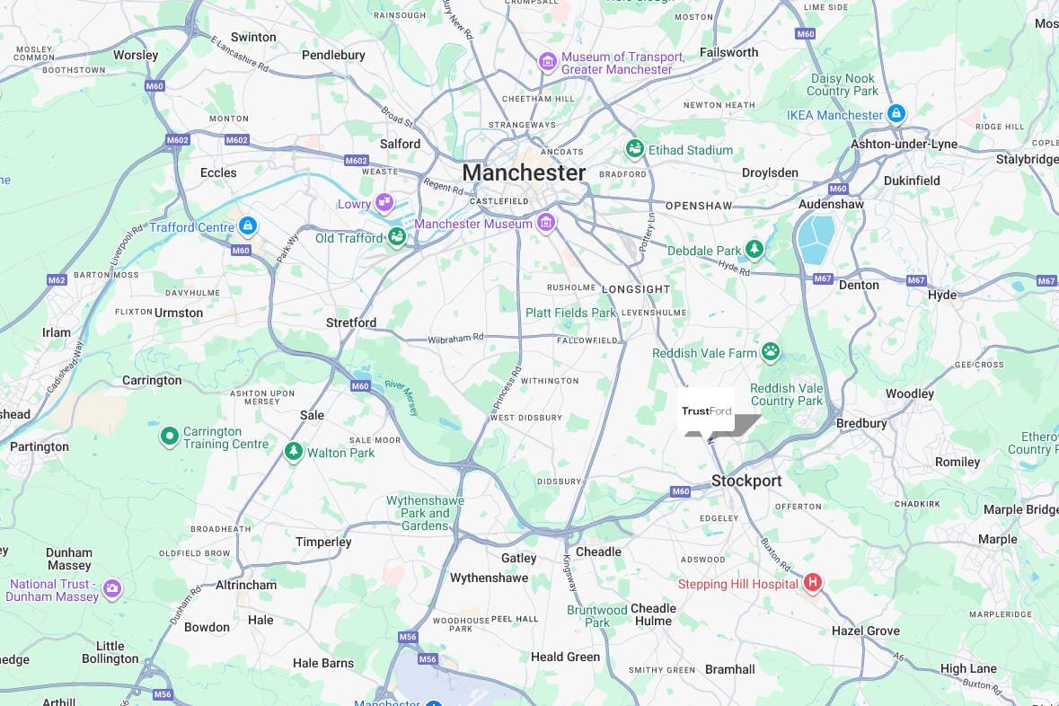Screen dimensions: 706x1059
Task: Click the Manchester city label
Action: [x=523, y=172]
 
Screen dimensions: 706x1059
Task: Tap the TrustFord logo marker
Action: [x=707, y=412]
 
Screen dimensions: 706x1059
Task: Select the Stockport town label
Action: [x=746, y=481]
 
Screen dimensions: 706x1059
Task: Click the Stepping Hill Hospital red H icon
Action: [x=813, y=584]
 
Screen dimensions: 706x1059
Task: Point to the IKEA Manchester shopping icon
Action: [x=896, y=114]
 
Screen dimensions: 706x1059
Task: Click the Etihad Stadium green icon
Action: [x=635, y=149]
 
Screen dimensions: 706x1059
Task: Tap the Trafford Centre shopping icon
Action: [x=248, y=226]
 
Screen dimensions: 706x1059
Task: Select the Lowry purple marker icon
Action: [x=384, y=203]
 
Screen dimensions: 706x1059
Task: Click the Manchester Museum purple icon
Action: [x=546, y=223]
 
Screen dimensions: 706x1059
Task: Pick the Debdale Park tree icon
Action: [x=755, y=250]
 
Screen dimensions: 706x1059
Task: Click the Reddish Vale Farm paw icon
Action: [x=771, y=352]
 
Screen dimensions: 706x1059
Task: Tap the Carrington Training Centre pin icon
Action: [x=169, y=437]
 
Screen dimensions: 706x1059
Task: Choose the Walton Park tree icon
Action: [x=293, y=452]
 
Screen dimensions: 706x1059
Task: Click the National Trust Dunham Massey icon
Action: [x=111, y=590]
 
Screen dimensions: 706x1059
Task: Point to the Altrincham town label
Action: [x=246, y=585]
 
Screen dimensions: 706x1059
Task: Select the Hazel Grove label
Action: [x=865, y=631]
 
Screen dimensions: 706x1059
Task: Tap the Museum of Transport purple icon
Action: [x=547, y=62]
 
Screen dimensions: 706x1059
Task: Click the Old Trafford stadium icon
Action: [x=397, y=237]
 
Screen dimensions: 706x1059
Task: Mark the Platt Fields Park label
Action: [x=571, y=313]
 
